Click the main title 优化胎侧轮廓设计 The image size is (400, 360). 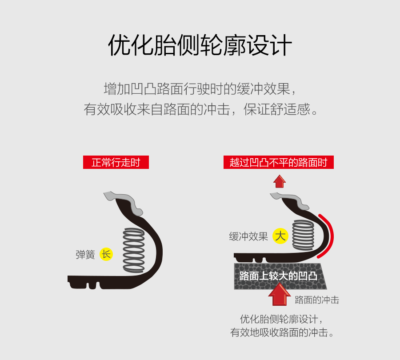click(x=200, y=45)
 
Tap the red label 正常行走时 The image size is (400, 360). click(x=116, y=162)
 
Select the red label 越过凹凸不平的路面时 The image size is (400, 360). click(x=279, y=162)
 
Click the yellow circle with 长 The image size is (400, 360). click(x=106, y=254)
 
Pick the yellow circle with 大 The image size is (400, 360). click(x=280, y=236)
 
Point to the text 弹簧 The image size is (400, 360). click(x=85, y=255)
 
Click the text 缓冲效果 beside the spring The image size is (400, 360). click(x=248, y=236)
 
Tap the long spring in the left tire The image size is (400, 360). click(x=134, y=250)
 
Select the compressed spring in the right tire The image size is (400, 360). click(x=303, y=235)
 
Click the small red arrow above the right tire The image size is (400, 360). click(x=280, y=181)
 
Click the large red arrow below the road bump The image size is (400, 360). click(x=280, y=294)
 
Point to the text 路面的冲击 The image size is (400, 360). click(x=317, y=300)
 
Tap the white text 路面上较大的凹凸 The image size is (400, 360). click(x=278, y=276)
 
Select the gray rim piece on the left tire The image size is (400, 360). click(x=124, y=202)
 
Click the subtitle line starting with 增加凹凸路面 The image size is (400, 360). click(x=200, y=89)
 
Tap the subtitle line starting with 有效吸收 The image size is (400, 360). click(x=200, y=109)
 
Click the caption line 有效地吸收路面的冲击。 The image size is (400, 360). click(x=282, y=332)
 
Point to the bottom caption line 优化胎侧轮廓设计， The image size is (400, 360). click(x=282, y=319)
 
